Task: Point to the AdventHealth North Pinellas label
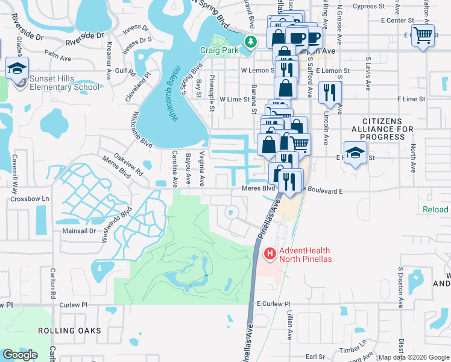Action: [x=305, y=255]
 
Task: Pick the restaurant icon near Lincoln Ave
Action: [x=329, y=92]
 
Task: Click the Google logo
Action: [x=20, y=355]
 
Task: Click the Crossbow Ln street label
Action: [x=29, y=198]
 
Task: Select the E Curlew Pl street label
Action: [x=274, y=303]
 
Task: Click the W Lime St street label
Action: [x=234, y=99]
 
